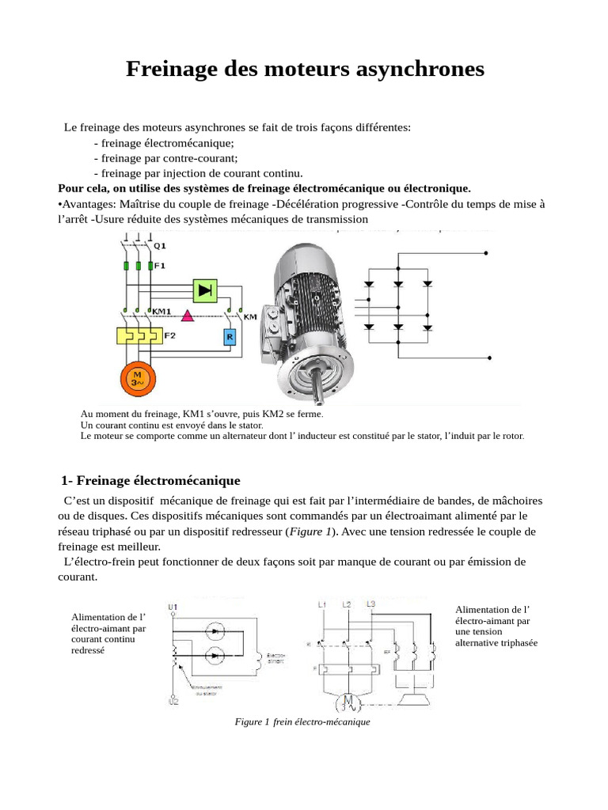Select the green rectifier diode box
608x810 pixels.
(x=206, y=290)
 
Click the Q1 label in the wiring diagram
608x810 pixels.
(x=159, y=245)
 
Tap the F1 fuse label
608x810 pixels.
(x=159, y=266)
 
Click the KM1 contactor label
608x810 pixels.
(x=162, y=311)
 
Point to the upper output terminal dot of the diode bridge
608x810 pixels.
(x=488, y=254)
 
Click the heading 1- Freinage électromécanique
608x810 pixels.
(x=151, y=481)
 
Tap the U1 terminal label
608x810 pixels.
(x=173, y=607)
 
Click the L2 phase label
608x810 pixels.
(x=347, y=605)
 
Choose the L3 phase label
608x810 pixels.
(x=371, y=604)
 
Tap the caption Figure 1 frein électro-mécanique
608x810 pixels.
(x=303, y=722)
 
